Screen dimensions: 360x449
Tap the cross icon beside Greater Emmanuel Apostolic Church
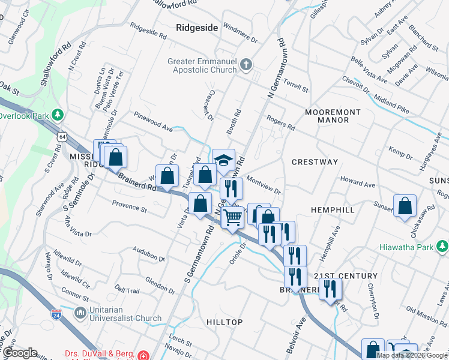[246, 64]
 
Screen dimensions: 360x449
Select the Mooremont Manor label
[333, 116]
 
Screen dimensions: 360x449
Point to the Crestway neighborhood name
[315, 162]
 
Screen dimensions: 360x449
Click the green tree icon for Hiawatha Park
[442, 247]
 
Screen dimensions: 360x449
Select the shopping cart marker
[233, 217]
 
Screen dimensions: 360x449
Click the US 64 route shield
[61, 137]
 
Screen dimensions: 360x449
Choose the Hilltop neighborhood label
[224, 322]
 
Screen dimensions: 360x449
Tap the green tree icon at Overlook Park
[58, 114]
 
